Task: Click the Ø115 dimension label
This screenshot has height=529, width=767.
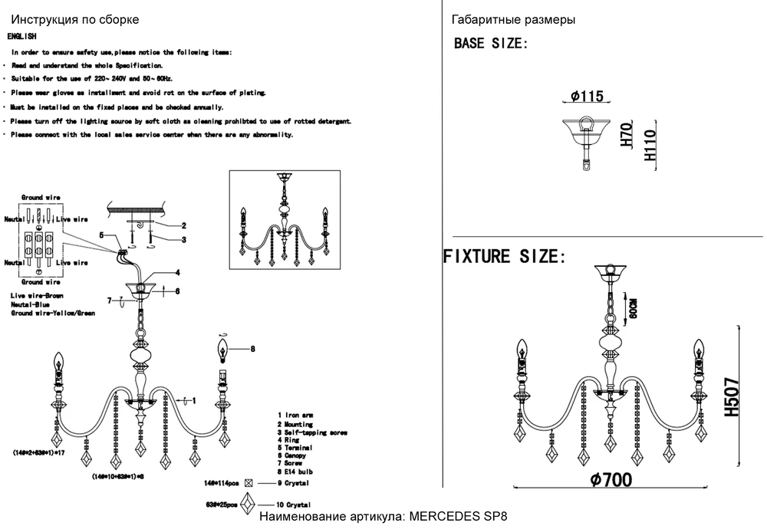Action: (x=588, y=97)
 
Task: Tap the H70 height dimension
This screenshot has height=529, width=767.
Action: (x=624, y=136)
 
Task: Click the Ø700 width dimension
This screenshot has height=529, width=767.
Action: (x=611, y=480)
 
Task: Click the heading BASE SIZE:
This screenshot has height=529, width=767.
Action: (x=491, y=43)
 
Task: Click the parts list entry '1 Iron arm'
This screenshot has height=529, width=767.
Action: (x=295, y=415)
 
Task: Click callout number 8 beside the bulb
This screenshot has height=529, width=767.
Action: (x=252, y=350)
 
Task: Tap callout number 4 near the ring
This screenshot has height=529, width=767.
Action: (x=176, y=272)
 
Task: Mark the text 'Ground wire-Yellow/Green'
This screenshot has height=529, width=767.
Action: (x=52, y=314)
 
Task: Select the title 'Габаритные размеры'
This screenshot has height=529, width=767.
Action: (x=514, y=19)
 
